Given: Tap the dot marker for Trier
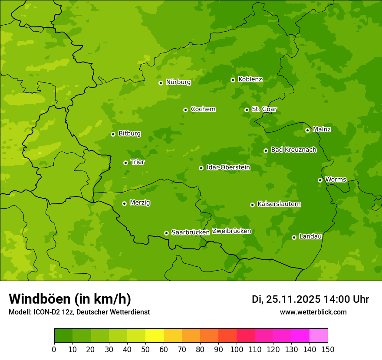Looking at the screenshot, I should (x=125, y=163).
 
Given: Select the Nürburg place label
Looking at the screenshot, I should (x=178, y=82).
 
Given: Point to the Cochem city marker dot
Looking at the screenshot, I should (x=185, y=110).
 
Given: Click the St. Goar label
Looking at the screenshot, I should (x=264, y=109).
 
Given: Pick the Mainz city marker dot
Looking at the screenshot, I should (x=307, y=130).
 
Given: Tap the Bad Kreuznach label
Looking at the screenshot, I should (x=293, y=150).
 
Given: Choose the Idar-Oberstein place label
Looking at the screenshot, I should (x=228, y=167).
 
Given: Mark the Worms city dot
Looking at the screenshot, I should (x=320, y=180).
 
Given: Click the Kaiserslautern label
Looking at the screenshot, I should (x=279, y=204).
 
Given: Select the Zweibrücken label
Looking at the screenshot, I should (x=231, y=231).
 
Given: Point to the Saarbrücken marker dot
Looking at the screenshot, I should (x=166, y=233).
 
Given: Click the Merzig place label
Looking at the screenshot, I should (x=140, y=203).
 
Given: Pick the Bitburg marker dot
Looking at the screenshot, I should (x=113, y=134).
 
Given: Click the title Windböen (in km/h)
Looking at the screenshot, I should (x=69, y=299).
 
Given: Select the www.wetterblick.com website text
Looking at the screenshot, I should (x=313, y=312).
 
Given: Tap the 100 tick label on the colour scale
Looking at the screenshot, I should (x=237, y=349).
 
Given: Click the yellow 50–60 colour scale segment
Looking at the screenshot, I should (x=155, y=336).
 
